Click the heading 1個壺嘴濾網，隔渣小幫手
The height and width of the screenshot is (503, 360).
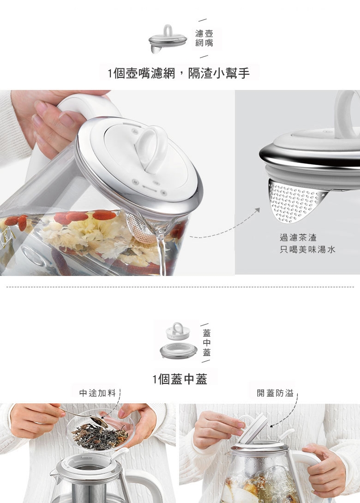[179, 73]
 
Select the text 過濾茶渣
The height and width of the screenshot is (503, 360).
[298, 237]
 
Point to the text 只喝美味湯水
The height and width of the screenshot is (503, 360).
[307, 249]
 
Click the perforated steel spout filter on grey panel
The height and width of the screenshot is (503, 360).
[295, 202]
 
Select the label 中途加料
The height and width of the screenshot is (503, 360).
[97, 393]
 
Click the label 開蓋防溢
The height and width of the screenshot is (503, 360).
[275, 393]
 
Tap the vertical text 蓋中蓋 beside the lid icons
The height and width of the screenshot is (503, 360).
[207, 342]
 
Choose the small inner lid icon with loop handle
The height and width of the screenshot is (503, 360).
[178, 331]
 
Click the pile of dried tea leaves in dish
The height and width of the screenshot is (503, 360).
[99, 435]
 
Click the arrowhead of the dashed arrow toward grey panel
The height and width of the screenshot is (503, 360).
[258, 210]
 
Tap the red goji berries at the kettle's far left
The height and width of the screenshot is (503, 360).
[17, 222]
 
